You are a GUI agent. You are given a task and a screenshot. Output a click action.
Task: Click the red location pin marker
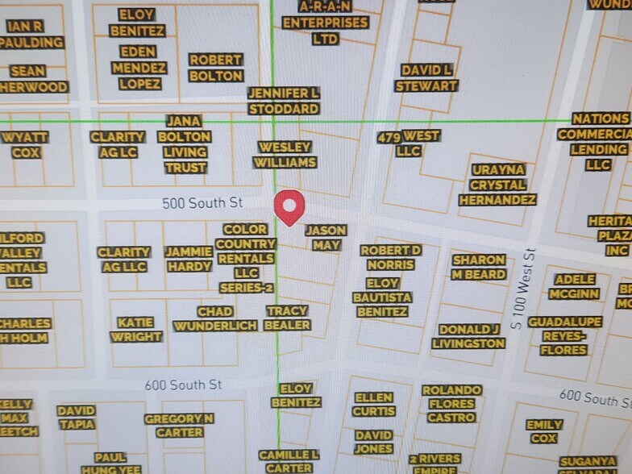[289, 206]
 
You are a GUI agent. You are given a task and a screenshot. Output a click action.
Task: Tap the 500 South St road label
[202, 203]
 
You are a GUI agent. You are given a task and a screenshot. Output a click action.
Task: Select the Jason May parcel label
[326, 238]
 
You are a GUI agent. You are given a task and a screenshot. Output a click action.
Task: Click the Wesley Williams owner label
[285, 155]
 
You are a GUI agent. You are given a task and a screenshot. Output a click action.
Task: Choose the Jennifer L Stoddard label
[283, 101]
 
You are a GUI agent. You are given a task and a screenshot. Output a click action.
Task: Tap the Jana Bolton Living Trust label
[185, 144]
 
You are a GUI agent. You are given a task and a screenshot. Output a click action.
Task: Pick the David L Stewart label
[427, 77]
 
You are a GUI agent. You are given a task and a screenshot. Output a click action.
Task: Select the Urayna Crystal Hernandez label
[497, 185]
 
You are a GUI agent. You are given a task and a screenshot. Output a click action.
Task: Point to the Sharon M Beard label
[479, 268]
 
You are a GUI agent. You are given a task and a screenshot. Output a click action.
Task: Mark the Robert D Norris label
[391, 257]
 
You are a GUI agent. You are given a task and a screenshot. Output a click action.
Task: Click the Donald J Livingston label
[468, 336]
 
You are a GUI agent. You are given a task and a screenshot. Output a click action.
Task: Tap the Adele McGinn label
[575, 286]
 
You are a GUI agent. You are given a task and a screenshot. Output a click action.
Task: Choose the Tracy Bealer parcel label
[287, 318]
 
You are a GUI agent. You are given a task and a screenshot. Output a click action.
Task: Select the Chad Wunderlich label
[215, 318]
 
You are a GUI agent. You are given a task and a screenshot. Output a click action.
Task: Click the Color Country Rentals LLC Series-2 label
[245, 258]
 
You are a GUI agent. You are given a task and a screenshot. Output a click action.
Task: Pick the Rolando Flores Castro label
[451, 404]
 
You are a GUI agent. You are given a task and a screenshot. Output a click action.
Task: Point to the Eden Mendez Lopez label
[139, 68]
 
